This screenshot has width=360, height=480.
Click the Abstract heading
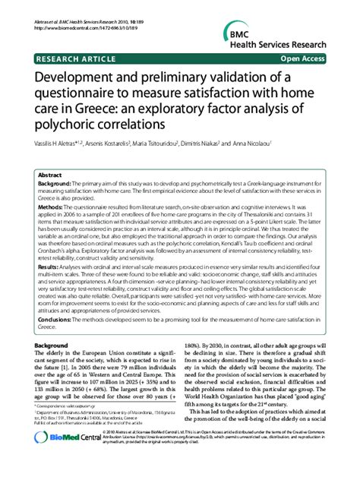coord(50,174)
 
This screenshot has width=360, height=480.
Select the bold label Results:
coord(50,268)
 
